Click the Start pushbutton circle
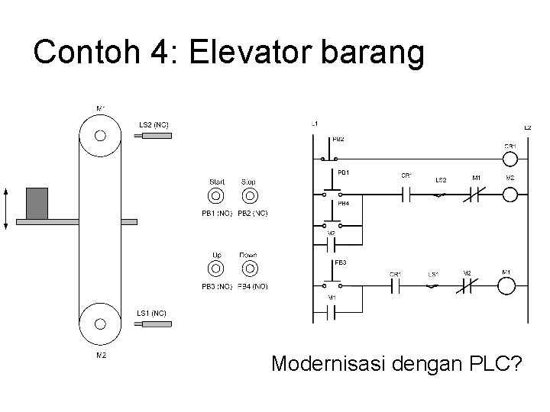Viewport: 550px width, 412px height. coord(217,196)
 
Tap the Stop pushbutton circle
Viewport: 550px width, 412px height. coord(248,196)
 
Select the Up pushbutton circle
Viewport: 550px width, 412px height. coord(217,269)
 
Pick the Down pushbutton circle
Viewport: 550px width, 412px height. coord(248,269)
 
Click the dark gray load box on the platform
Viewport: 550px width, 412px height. coord(37,203)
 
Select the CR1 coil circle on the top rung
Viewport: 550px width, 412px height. coord(510,159)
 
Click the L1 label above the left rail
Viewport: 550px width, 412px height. coord(315,123)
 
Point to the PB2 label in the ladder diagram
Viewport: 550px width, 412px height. coord(338,139)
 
